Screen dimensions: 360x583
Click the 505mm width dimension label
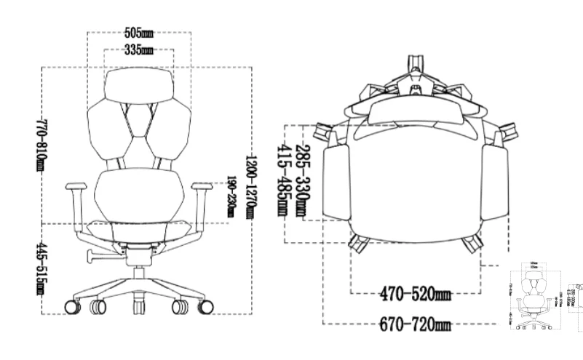click(x=138, y=33)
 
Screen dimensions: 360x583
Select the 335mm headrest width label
click(x=138, y=50)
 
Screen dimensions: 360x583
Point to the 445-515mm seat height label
click(x=41, y=269)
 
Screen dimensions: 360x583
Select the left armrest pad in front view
click(x=78, y=188)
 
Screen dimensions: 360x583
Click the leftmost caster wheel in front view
click(x=73, y=306)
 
